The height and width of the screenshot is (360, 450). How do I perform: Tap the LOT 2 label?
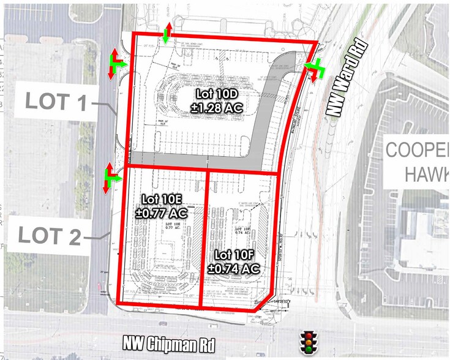[49, 235]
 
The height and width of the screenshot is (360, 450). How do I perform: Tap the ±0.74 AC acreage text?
[234, 268]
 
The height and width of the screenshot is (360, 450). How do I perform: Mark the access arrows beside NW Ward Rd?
[313, 69]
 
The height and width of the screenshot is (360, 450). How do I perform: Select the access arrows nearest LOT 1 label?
[116, 64]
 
